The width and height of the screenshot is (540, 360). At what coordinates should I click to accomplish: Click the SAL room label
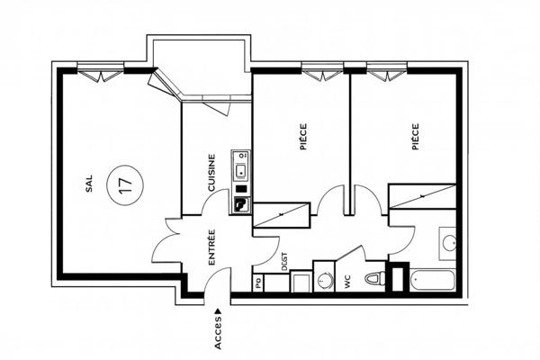[x=89, y=184]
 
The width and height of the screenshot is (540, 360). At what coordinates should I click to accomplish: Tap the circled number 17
[x=125, y=185]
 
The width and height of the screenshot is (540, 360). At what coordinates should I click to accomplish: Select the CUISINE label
[x=211, y=173]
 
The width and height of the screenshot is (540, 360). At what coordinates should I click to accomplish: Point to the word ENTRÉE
[x=211, y=247]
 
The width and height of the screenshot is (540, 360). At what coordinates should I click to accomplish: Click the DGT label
[x=284, y=262]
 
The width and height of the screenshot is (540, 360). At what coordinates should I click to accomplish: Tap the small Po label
[x=258, y=283]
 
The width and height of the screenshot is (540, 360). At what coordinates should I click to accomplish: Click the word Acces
[x=218, y=332]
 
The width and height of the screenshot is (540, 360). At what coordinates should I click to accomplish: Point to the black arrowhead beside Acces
[x=218, y=311]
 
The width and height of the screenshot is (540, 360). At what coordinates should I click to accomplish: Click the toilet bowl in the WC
[x=374, y=278]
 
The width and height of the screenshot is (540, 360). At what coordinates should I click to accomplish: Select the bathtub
[x=433, y=281]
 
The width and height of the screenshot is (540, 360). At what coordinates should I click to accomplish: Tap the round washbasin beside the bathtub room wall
[x=449, y=243]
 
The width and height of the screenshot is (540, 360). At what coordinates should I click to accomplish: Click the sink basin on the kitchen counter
[x=240, y=170]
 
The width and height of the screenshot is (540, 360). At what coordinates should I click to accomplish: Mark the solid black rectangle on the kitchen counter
[x=241, y=189]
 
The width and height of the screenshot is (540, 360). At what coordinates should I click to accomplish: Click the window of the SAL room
[x=100, y=71]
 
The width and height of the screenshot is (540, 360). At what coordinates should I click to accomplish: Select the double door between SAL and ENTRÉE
[x=166, y=240]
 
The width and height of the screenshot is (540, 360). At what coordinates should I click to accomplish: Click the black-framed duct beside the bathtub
[x=398, y=276]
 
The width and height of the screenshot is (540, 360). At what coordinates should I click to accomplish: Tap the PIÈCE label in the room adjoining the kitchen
[x=303, y=137]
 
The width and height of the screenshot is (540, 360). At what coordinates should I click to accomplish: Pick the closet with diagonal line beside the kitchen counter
[x=282, y=215]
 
